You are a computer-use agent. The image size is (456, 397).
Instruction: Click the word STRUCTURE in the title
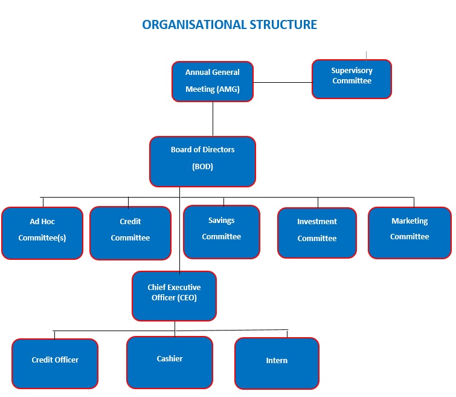(x=283, y=25)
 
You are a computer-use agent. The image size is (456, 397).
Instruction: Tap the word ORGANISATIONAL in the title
(x=194, y=25)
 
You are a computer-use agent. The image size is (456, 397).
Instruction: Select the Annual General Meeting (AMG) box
(x=213, y=82)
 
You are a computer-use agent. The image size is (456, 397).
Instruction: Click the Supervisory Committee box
(x=352, y=79)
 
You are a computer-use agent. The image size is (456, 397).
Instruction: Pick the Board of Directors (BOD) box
(x=203, y=161)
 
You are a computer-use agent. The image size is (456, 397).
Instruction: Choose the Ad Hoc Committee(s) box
(x=42, y=233)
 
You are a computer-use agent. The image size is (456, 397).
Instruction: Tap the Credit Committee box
(x=130, y=233)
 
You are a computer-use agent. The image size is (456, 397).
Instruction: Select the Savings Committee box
(x=222, y=232)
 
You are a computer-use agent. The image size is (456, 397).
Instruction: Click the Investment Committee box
(x=317, y=233)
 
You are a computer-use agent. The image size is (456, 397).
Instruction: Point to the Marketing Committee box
(x=409, y=233)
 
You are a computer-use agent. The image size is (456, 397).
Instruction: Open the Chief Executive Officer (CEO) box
(x=174, y=296)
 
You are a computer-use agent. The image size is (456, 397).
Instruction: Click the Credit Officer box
(x=55, y=364)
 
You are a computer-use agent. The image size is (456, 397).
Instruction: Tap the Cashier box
(x=170, y=363)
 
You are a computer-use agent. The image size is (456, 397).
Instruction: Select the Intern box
(x=277, y=363)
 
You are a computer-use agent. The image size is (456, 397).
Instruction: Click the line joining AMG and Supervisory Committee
(x=283, y=82)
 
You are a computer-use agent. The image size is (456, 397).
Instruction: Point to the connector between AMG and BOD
(x=213, y=119)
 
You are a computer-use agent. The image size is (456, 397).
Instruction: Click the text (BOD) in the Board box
(x=203, y=167)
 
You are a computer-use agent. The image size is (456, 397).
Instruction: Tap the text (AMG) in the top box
(x=228, y=89)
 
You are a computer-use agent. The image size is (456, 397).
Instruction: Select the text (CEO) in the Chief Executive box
(x=187, y=298)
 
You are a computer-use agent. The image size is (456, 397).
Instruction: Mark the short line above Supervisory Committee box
(x=366, y=56)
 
